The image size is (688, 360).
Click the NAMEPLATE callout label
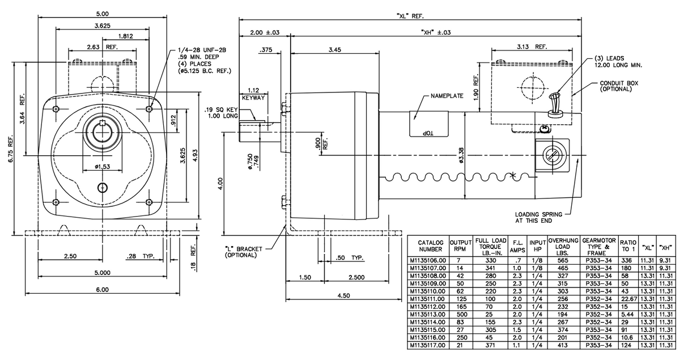447,96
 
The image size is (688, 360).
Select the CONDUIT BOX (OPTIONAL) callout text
619,86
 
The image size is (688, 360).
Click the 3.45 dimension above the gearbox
335,50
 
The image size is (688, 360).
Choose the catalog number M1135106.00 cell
428,260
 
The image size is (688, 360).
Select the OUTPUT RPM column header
461,245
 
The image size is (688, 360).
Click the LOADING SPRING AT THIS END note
538,218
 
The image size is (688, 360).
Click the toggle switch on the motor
554,105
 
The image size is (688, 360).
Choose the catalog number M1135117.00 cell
428,345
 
